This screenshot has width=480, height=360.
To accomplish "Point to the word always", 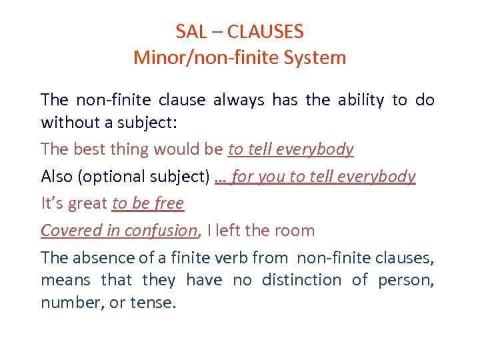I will click(239, 100).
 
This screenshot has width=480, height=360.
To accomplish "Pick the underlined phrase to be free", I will click(148, 203).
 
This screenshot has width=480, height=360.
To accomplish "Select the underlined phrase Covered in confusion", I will click(119, 231).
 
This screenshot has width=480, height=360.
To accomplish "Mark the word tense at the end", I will click(153, 303).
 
